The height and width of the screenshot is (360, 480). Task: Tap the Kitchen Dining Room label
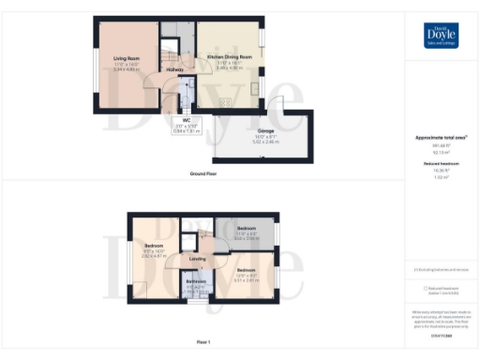point(229,58)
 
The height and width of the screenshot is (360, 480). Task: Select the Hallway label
point(174,69)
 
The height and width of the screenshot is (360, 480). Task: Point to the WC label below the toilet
point(187,120)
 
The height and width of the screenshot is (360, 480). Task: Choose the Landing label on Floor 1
point(198,259)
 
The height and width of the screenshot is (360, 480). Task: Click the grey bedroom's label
point(246,229)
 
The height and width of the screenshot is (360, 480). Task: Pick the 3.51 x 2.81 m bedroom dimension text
point(246,279)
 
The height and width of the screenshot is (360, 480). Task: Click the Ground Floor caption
point(203,174)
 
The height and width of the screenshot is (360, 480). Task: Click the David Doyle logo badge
point(442,34)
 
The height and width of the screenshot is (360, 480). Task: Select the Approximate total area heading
point(442,137)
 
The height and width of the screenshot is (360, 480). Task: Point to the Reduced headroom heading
point(442,163)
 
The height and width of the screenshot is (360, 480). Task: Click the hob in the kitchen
point(225,102)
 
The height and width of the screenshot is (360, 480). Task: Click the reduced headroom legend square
point(426,289)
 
